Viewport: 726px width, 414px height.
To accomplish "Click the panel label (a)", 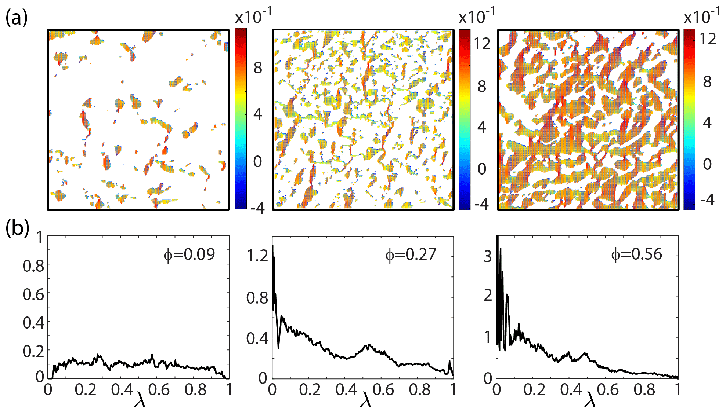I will click(x=17, y=17).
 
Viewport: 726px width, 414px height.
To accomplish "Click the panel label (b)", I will click(x=17, y=228).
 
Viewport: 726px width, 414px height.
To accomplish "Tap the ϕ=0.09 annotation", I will click(x=189, y=254).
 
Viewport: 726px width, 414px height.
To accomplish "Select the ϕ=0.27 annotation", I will click(x=411, y=254).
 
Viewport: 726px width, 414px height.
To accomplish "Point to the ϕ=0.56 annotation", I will click(x=636, y=254).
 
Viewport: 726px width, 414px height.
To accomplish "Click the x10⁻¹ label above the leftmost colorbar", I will click(x=253, y=17).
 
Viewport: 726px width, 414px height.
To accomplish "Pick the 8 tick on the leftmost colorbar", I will click(x=258, y=67).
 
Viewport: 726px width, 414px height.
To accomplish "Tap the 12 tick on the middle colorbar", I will click(x=482, y=44).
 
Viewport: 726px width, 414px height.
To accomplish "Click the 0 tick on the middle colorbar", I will click(x=482, y=169).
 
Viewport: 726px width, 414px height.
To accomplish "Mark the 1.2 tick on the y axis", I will click(x=257, y=256).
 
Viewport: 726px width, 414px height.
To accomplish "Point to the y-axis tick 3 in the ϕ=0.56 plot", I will click(x=487, y=256).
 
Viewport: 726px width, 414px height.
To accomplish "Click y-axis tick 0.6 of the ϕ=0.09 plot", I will click(x=33, y=294).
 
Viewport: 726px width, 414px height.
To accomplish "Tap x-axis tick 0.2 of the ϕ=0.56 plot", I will click(x=534, y=389).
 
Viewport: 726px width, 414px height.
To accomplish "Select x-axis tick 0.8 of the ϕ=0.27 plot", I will click(x=420, y=389).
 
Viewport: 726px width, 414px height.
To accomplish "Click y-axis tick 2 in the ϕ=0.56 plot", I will click(x=487, y=295).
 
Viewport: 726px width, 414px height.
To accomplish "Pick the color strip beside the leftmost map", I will click(x=241, y=119).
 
